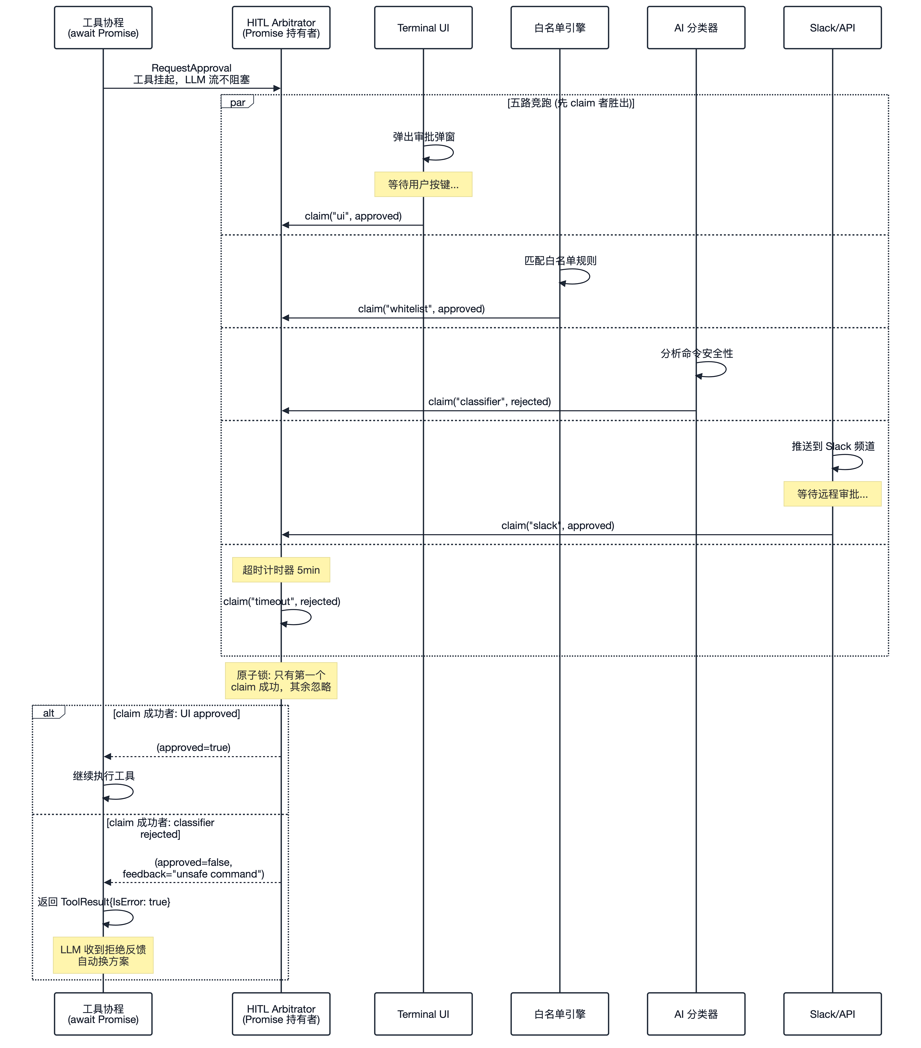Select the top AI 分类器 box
pyautogui.click(x=696, y=28)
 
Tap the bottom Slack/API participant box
pyautogui.click(x=832, y=1014)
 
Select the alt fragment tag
pyautogui.click(x=49, y=712)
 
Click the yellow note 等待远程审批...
pyautogui.click(x=832, y=494)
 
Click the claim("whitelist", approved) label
pyautogui.click(x=421, y=309)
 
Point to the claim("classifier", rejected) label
pyautogui.click(x=490, y=402)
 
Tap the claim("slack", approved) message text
pyautogui.click(x=558, y=525)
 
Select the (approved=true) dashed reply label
pyautogui.click(x=193, y=747)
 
